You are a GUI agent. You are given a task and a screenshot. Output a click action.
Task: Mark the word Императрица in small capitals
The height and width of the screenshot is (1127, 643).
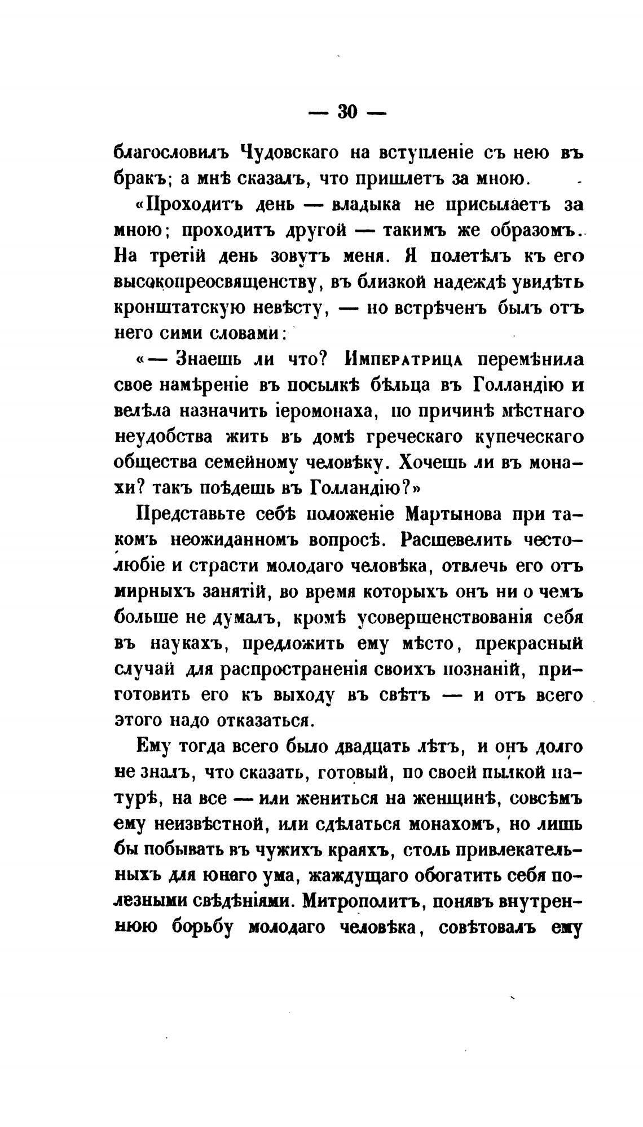click(402, 360)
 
